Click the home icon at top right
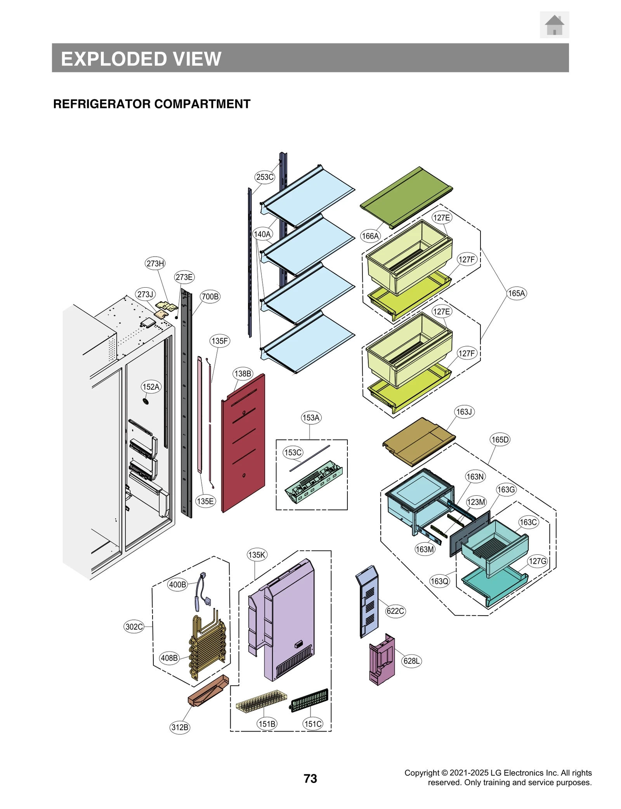554,25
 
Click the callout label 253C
265,177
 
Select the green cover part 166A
406,197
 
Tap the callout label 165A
516,293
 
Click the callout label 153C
293,452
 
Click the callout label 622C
395,611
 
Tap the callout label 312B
180,727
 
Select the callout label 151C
312,724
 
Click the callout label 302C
134,627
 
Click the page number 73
310,778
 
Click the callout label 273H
155,263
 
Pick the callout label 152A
151,387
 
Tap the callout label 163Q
439,581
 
